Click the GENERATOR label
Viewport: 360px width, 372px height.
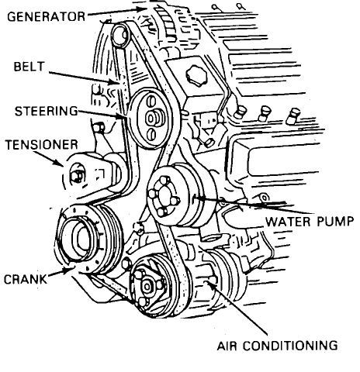(x=46, y=16)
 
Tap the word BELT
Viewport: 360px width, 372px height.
(x=29, y=67)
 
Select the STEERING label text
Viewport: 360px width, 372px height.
(x=47, y=111)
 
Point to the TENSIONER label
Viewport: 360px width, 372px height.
(x=42, y=145)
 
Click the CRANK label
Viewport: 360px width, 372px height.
(x=26, y=279)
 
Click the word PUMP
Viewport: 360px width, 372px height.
(x=335, y=222)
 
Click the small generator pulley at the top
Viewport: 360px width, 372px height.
(x=119, y=36)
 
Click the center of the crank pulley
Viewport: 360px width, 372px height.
(x=83, y=239)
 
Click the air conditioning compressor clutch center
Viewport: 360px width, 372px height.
(x=147, y=286)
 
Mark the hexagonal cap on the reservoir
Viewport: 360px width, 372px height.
(x=196, y=75)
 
